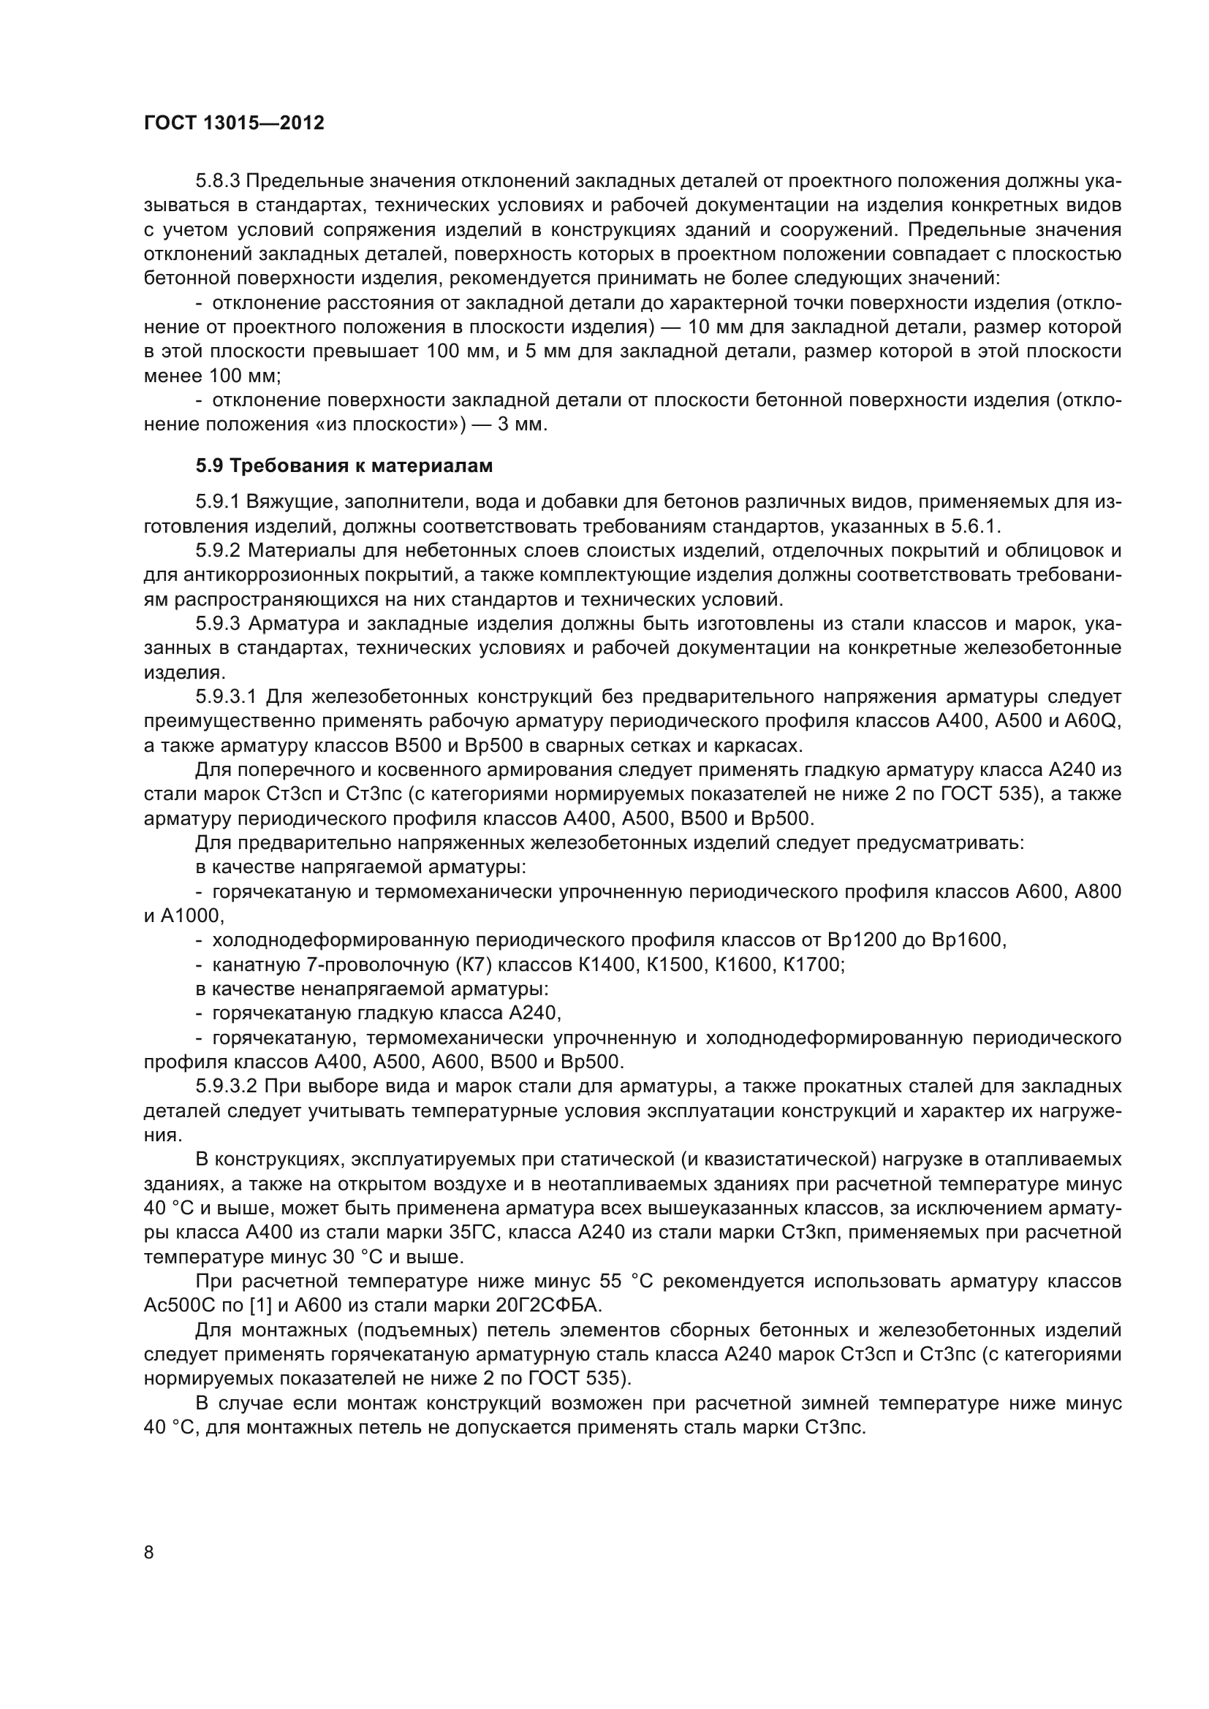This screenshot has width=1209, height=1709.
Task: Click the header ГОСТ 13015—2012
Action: pyautogui.click(x=234, y=123)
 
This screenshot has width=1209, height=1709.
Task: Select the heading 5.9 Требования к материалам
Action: pyautogui.click(x=344, y=466)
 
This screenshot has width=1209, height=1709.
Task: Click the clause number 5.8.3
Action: pyautogui.click(x=217, y=182)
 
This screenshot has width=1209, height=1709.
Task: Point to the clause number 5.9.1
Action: pyautogui.click(x=217, y=503)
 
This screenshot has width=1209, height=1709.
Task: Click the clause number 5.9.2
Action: pyautogui.click(x=217, y=551)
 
